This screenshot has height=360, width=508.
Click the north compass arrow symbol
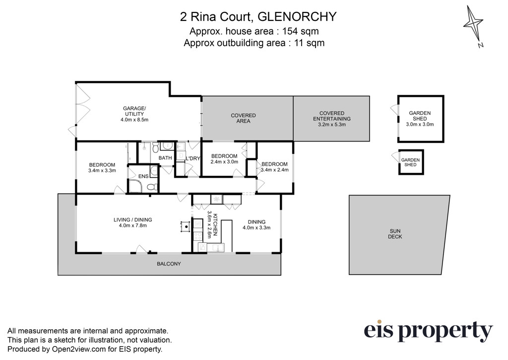(x=473, y=25)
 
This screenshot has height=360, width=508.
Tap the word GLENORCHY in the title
(x=297, y=17)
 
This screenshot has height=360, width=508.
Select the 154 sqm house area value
(x=301, y=31)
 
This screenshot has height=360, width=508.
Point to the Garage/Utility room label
(x=134, y=114)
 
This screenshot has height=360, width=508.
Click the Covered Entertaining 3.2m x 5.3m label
(x=332, y=119)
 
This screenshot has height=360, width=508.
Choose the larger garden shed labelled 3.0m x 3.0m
(x=421, y=119)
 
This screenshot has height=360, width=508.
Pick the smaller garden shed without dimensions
(x=411, y=162)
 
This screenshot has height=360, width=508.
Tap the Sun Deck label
(x=395, y=234)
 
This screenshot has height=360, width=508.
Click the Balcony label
(x=169, y=264)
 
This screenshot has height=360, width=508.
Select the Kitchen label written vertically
(x=212, y=224)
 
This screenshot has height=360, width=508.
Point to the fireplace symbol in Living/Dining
(x=185, y=226)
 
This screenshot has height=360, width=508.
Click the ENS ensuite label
(x=143, y=176)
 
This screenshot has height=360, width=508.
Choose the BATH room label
(x=165, y=158)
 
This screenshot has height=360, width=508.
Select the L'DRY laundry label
(x=193, y=158)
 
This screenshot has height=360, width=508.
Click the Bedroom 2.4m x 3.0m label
(x=224, y=159)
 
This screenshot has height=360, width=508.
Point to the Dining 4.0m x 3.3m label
(x=256, y=225)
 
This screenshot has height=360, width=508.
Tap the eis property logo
(x=428, y=331)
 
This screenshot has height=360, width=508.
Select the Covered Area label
(x=243, y=118)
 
